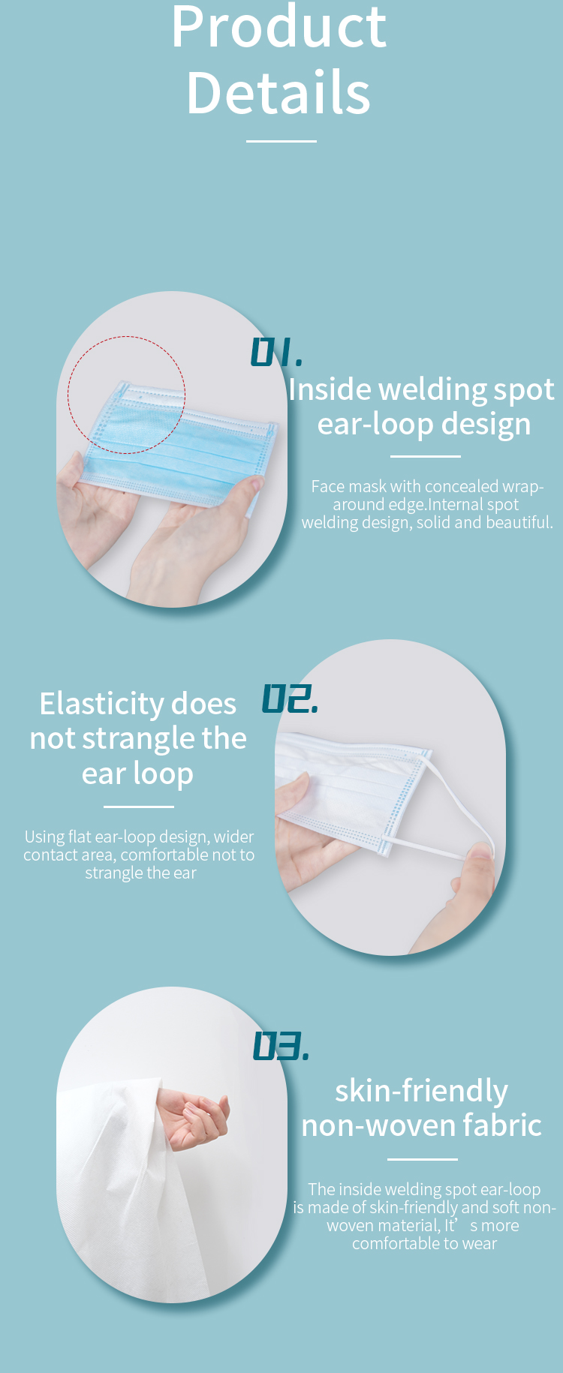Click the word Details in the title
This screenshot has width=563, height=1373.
point(278,92)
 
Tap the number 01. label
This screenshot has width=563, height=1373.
point(276,352)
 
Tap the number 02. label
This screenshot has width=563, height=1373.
point(290,699)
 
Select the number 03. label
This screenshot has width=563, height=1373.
point(281,1046)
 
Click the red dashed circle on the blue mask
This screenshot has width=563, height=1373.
point(126,337)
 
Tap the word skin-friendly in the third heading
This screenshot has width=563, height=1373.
point(421,1092)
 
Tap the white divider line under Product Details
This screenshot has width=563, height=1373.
point(281,140)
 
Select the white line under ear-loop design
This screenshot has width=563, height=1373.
point(426,456)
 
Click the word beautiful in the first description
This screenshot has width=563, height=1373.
point(519,522)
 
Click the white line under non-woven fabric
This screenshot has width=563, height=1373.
point(423,1159)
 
